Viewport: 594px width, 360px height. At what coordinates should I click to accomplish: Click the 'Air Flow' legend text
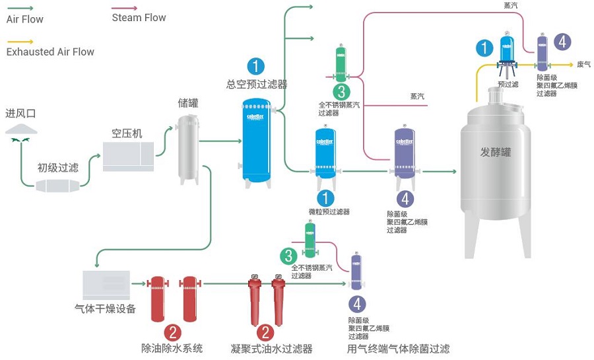[x=24, y=19]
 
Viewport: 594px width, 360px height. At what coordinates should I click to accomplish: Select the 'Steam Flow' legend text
[x=139, y=18]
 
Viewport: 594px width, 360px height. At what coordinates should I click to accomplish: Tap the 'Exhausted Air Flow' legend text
[x=50, y=52]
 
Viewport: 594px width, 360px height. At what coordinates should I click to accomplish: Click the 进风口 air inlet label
[x=20, y=114]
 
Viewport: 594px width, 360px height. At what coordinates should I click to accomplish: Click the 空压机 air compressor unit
[x=128, y=156]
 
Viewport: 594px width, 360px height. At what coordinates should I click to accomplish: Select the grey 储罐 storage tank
[x=188, y=149]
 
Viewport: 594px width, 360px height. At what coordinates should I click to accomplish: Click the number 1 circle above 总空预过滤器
[x=256, y=66]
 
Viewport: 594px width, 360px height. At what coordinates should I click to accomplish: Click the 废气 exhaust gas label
[x=584, y=64]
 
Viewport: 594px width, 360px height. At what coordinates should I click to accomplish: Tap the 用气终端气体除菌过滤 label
[x=398, y=349]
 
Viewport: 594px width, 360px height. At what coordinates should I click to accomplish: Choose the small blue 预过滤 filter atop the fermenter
[x=507, y=53]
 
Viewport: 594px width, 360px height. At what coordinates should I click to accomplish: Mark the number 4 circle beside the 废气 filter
[x=562, y=42]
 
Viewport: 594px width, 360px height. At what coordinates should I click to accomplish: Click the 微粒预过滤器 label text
[x=329, y=211]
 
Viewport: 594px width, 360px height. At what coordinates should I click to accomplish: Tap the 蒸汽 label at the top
[x=511, y=5]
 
